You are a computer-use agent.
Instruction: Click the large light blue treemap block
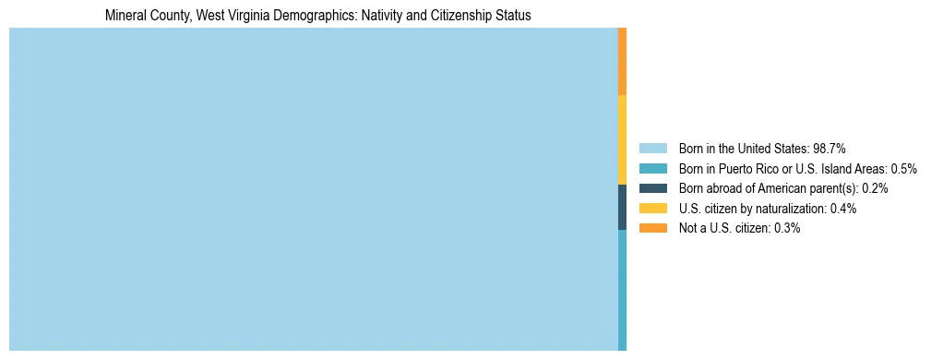pyautogui.click(x=313, y=189)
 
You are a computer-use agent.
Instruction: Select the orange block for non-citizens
pyautogui.click(x=623, y=61)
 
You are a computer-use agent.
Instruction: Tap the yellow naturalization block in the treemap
pyautogui.click(x=623, y=139)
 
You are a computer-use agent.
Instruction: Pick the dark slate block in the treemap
pyautogui.click(x=623, y=208)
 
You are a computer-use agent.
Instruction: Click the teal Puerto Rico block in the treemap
pyautogui.click(x=623, y=290)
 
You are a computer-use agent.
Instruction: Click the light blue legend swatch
pyautogui.click(x=652, y=148)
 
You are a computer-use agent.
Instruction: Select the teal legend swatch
pyautogui.click(x=652, y=168)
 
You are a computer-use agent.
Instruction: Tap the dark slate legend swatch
pyautogui.click(x=652, y=188)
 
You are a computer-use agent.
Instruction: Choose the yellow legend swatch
pyautogui.click(x=652, y=209)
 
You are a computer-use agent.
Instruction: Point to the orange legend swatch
pyautogui.click(x=652, y=228)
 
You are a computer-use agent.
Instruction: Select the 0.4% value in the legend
pyautogui.click(x=843, y=209)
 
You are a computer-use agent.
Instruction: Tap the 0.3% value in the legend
pyautogui.click(x=787, y=228)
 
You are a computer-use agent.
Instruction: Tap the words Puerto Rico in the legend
pyautogui.click(x=743, y=168)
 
